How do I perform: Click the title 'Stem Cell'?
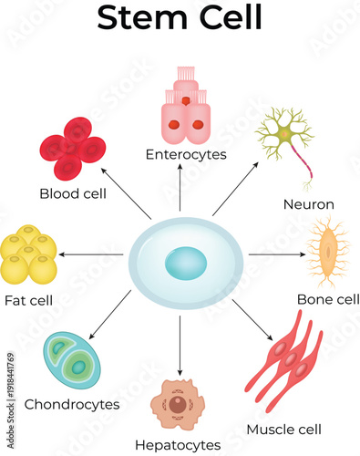click(180, 18)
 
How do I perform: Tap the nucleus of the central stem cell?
click(185, 264)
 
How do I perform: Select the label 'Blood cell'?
click(73, 192)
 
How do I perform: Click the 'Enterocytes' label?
click(186, 154)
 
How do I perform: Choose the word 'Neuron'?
click(309, 204)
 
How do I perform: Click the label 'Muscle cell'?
click(284, 429)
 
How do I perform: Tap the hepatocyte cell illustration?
click(180, 404)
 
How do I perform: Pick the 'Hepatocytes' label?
click(178, 445)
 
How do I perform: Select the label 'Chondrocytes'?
click(72, 403)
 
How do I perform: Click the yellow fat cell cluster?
click(28, 254)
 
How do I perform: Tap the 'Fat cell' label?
click(28, 300)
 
